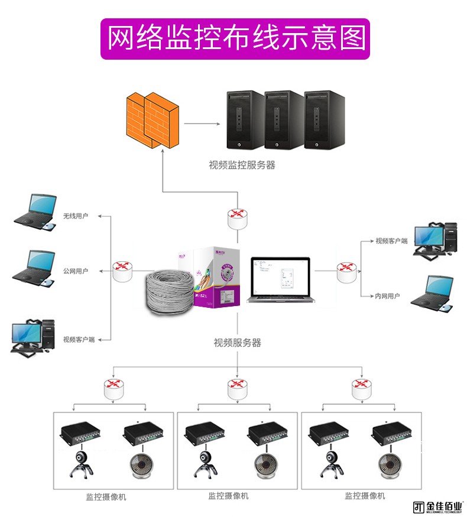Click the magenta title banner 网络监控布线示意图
tap(235, 39)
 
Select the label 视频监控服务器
tap(242, 165)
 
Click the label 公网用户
tap(76, 271)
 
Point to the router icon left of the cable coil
tap(124, 271)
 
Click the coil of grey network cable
tap(169, 292)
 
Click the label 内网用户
tap(387, 296)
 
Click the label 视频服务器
tap(237, 343)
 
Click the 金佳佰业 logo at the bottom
tap(438, 507)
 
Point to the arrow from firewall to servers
tap(201, 124)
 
